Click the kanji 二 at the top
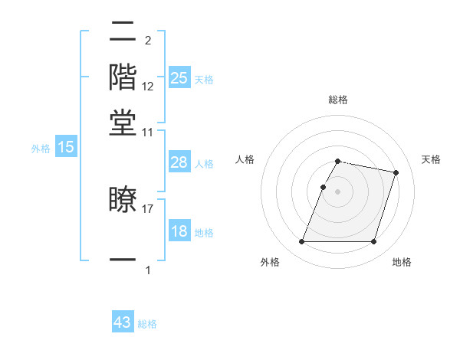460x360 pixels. coord(123,31)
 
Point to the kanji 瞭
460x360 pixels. coord(123,201)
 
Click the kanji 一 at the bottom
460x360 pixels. coord(123,260)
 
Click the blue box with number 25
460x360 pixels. coord(179,77)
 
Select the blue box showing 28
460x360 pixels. coord(179,162)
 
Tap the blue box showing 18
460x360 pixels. coord(179,231)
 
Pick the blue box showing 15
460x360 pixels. coord(66,147)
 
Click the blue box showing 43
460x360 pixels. coord(123,322)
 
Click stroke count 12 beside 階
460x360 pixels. coord(148,86)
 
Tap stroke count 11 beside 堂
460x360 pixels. coord(148,132)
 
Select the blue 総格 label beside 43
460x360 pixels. coord(147,324)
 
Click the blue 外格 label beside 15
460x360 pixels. coord(40,149)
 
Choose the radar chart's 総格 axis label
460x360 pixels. coord(337,100)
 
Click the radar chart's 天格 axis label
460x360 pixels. coord(431,159)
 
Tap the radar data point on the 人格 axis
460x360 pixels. coord(323,187)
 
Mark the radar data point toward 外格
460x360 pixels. coord(301,242)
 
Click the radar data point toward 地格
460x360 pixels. coord(373,242)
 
